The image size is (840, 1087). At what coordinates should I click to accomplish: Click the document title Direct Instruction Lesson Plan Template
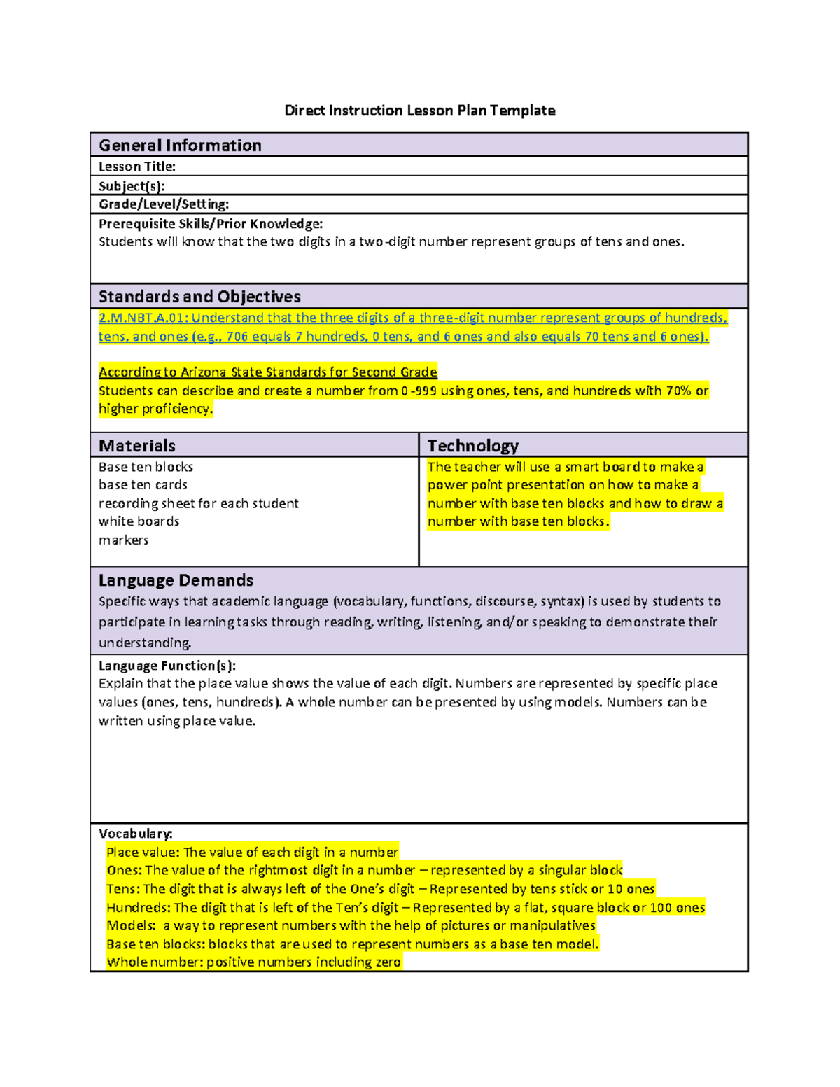coord(419,111)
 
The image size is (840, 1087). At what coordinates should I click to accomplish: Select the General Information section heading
coord(180,146)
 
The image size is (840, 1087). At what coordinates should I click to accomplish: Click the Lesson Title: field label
coord(136,167)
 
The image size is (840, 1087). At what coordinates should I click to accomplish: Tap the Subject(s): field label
coord(132,186)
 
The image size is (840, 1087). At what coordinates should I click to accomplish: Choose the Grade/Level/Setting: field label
coord(164,204)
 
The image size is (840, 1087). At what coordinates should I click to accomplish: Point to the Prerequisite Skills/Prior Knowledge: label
coord(211,224)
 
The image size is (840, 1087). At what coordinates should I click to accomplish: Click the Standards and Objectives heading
coord(199,297)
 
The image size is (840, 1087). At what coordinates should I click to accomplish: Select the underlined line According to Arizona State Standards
coord(267,372)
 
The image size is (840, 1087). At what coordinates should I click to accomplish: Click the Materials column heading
coord(137,446)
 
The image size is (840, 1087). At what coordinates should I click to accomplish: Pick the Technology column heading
coord(472,446)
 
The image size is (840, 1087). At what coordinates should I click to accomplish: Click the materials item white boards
coord(139,521)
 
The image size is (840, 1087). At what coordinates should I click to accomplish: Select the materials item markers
coord(123,540)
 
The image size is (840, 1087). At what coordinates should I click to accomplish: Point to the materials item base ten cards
coord(143,485)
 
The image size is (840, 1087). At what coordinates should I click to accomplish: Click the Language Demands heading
coord(176,580)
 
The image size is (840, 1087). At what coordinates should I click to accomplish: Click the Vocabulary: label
coord(135,834)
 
